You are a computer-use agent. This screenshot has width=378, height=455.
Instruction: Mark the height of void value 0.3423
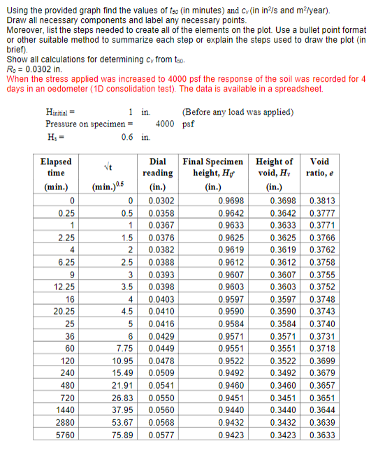tap(282, 434)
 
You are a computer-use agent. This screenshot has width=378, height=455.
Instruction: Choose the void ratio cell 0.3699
tap(321, 359)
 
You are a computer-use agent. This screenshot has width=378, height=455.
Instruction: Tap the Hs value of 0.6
tap(127, 136)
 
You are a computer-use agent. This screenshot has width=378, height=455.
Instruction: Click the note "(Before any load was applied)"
tap(237, 112)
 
